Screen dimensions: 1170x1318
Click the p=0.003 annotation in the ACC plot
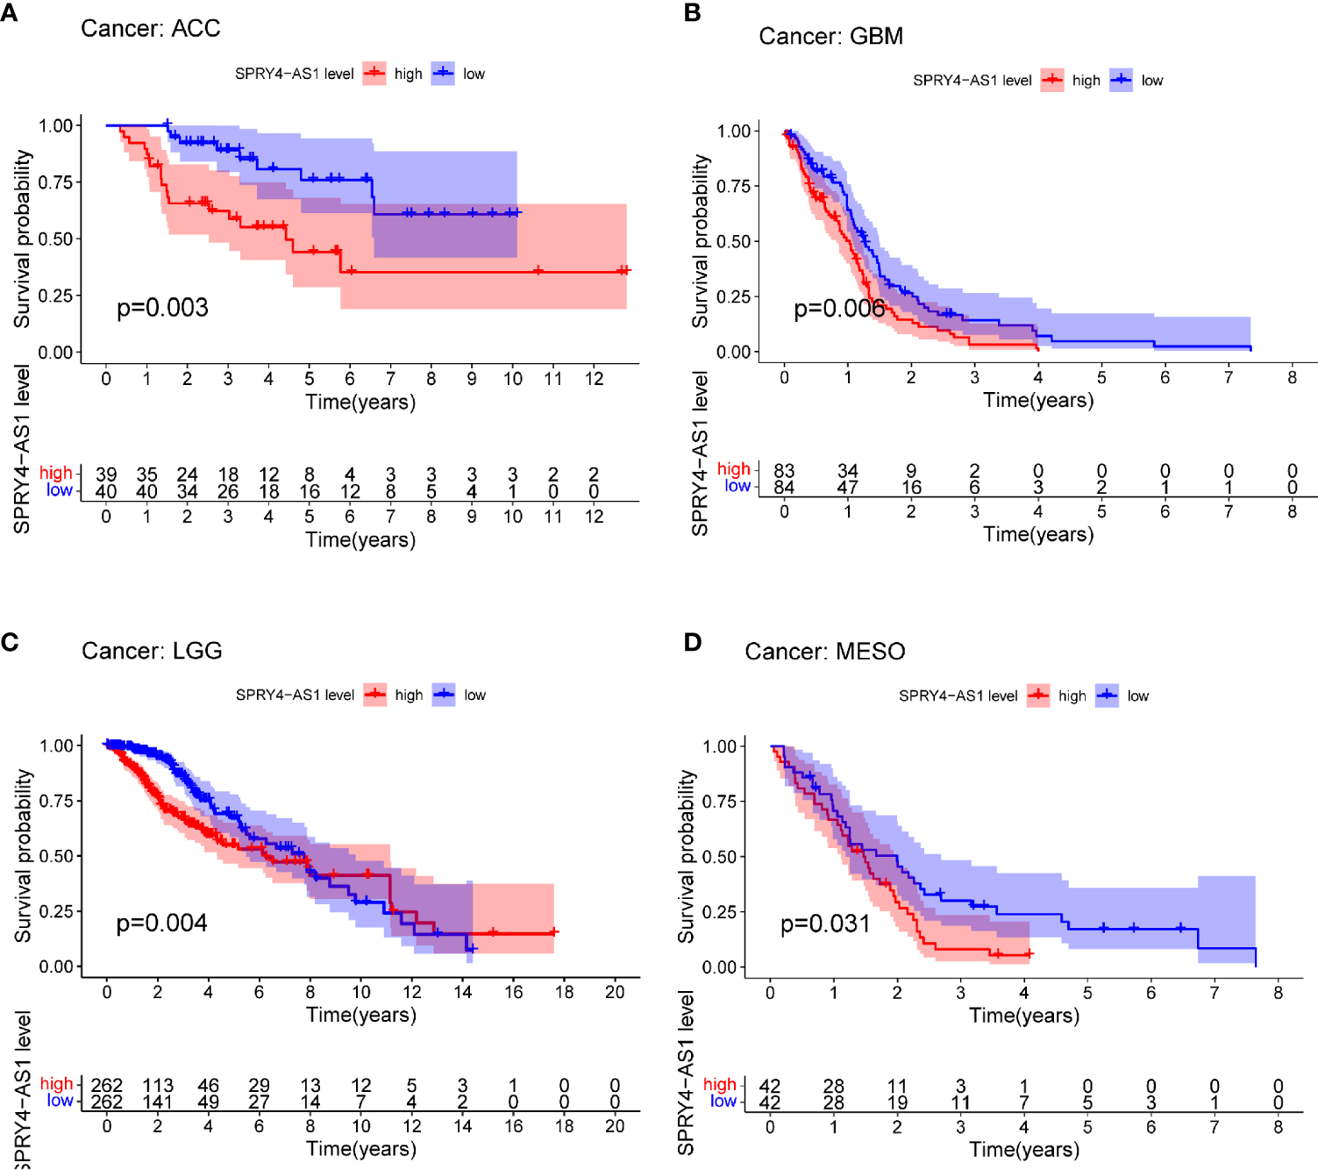pyautogui.click(x=162, y=308)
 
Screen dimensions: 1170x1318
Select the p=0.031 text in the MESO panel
pyautogui.click(x=825, y=924)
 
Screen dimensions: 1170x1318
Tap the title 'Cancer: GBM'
pyautogui.click(x=830, y=36)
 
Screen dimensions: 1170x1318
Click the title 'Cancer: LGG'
pyautogui.click(x=152, y=651)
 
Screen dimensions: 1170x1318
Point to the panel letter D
pyautogui.click(x=693, y=643)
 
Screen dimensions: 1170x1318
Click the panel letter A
pyautogui.click(x=9, y=13)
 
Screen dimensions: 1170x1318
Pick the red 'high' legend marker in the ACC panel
pyautogui.click(x=374, y=74)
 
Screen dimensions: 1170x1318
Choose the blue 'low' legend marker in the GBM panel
pyautogui.click(x=1121, y=81)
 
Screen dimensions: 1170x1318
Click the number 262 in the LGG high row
pyautogui.click(x=107, y=1086)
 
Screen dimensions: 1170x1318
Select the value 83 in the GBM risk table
pyautogui.click(x=784, y=471)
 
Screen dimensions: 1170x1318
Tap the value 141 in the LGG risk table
pyautogui.click(x=158, y=1102)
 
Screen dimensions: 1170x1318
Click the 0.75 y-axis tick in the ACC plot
pyautogui.click(x=56, y=182)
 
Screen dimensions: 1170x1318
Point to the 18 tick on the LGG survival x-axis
pyautogui.click(x=564, y=992)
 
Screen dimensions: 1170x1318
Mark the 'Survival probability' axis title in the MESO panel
pyautogui.click(x=686, y=856)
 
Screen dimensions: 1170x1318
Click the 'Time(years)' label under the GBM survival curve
pyautogui.click(x=1038, y=401)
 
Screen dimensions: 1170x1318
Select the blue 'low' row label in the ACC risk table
pyautogui.click(x=60, y=490)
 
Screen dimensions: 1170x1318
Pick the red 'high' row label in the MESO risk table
pyautogui.click(x=720, y=1085)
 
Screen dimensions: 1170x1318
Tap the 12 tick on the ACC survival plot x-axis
pyautogui.click(x=594, y=379)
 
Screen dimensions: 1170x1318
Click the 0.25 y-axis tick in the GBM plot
pyautogui.click(x=734, y=296)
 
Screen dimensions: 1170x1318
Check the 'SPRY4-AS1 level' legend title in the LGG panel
pyautogui.click(x=295, y=696)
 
